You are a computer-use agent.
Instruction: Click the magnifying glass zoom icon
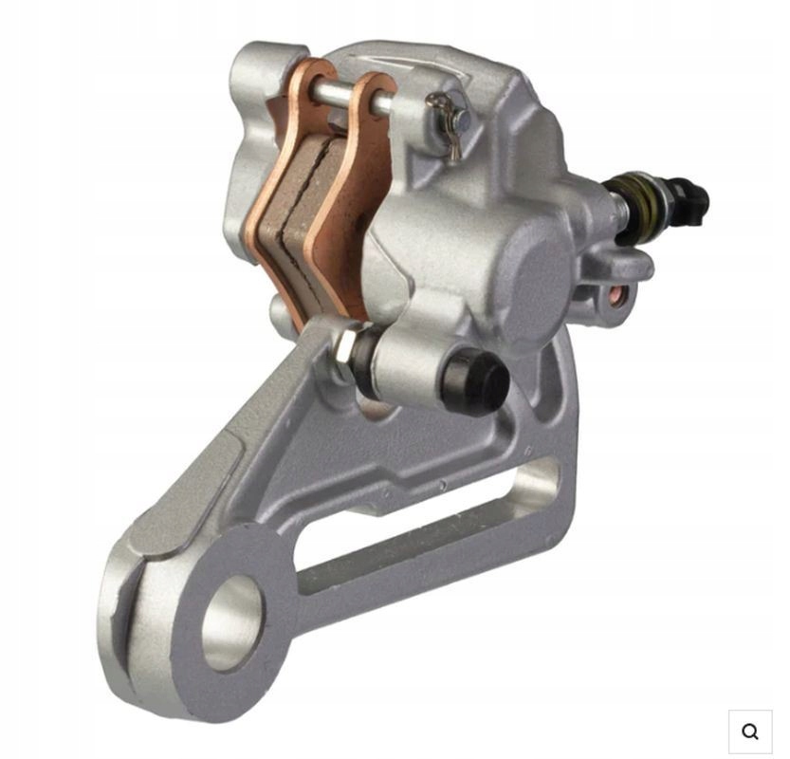coord(750,731)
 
